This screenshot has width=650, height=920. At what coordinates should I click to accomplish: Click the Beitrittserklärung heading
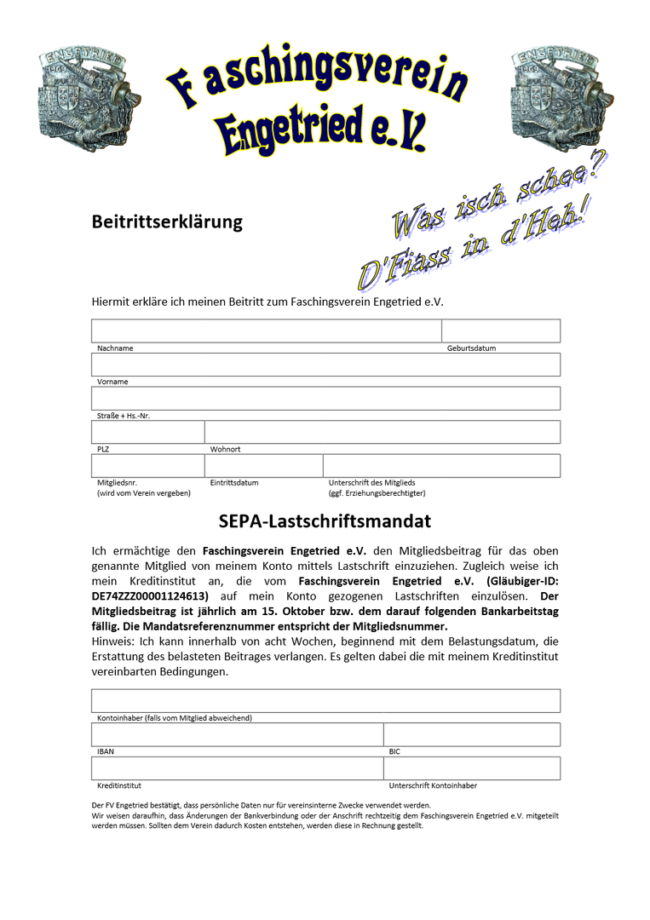pyautogui.click(x=167, y=222)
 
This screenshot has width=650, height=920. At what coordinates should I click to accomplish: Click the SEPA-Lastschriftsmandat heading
pyautogui.click(x=325, y=521)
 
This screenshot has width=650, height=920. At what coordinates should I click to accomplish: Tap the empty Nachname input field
pyautogui.click(x=266, y=331)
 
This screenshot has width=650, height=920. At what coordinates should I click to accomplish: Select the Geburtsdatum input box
pyautogui.click(x=500, y=331)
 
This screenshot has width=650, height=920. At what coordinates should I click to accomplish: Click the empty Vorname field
pyautogui.click(x=325, y=365)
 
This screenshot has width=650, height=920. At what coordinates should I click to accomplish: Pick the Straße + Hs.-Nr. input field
pyautogui.click(x=325, y=398)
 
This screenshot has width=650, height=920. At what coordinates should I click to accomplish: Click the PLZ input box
pyautogui.click(x=147, y=432)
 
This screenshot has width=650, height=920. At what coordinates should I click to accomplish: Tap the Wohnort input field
pyautogui.click(x=383, y=432)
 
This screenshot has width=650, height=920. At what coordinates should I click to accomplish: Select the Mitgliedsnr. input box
pyautogui.click(x=147, y=466)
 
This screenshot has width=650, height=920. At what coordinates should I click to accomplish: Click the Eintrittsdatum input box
pyautogui.click(x=263, y=466)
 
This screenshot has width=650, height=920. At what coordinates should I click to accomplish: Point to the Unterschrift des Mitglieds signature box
pyautogui.click(x=441, y=466)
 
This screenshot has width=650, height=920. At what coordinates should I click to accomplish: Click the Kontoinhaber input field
pyautogui.click(x=325, y=700)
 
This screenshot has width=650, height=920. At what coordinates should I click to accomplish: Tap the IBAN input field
pyautogui.click(x=237, y=734)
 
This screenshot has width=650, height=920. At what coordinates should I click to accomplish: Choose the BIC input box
pyautogui.click(x=472, y=734)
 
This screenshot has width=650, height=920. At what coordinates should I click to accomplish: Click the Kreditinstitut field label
pyautogui.click(x=119, y=785)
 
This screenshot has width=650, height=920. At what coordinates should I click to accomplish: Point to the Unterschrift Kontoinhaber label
pyautogui.click(x=433, y=785)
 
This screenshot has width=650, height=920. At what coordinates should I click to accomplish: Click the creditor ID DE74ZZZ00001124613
pyautogui.click(x=149, y=596)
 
